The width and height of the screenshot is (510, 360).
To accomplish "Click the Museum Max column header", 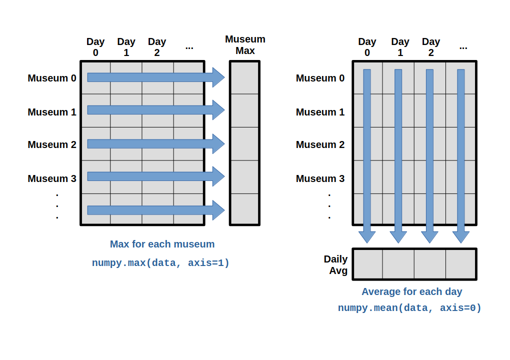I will (245, 45).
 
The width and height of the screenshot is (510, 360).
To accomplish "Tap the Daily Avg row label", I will (335, 265).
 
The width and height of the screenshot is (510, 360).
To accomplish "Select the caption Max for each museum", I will (162, 244).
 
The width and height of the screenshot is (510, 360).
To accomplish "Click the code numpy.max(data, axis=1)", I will (160, 263).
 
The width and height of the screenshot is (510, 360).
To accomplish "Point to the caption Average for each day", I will (411, 291).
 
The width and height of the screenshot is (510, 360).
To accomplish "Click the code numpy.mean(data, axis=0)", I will (409, 308).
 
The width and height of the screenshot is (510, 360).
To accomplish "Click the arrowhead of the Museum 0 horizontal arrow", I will (218, 77).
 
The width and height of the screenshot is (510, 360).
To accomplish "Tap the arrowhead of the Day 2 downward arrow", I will (429, 236).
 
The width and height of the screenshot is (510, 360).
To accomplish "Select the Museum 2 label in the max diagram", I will (52, 144).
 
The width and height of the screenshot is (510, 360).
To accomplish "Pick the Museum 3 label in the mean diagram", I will (320, 178).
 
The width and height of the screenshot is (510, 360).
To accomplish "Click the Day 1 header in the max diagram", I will (126, 47).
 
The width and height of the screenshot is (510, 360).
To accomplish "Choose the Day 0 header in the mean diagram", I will (367, 47).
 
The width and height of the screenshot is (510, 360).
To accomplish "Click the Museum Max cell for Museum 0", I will (244, 77).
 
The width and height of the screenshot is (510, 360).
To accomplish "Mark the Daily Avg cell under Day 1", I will (398, 264).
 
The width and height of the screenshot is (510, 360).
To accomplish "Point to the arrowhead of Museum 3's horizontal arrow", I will (218, 176).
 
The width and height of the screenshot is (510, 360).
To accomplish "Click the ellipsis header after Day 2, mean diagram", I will (463, 46).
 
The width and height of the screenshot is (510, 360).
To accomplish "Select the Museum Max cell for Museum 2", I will (244, 144).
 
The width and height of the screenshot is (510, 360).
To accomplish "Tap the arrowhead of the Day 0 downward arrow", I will (367, 236).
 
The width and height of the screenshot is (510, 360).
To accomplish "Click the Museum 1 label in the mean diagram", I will (320, 112).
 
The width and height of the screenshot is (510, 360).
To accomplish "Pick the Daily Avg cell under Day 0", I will (368, 264).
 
